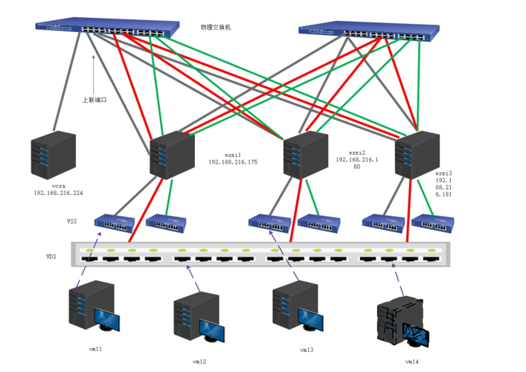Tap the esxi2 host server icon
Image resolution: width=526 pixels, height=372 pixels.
(305, 154)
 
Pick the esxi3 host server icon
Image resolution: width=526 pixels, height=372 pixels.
(414, 155)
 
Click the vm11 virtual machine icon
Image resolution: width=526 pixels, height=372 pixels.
(91, 306)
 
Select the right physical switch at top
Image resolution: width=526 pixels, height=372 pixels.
(370, 31)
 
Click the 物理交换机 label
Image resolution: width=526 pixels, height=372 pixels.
(216, 28)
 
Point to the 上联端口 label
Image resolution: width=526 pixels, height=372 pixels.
(94, 99)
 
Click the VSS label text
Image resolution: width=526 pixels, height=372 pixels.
(71, 221)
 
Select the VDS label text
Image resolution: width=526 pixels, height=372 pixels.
(51, 256)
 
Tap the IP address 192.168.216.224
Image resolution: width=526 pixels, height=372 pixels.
(58, 193)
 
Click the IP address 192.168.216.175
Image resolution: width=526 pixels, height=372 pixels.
(233, 161)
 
